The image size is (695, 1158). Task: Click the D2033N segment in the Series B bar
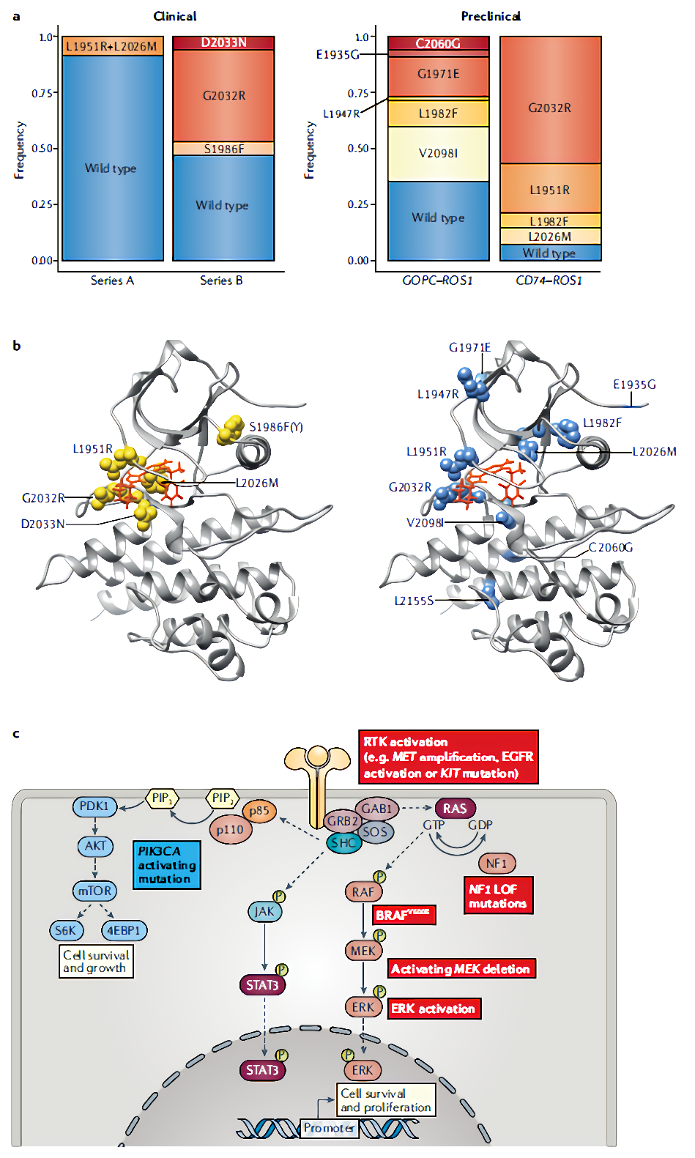click(x=223, y=42)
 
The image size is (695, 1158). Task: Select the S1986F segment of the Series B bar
click(x=223, y=149)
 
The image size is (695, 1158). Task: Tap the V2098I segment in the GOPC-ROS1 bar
click(x=438, y=154)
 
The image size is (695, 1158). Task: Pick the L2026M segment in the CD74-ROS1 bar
click(x=550, y=237)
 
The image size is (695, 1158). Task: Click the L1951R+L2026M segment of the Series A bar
click(x=112, y=47)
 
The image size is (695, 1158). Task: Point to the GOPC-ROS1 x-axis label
click(x=437, y=281)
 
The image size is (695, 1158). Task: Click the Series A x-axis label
click(x=112, y=281)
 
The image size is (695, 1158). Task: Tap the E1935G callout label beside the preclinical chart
click(x=338, y=55)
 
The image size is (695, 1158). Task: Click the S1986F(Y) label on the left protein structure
click(x=276, y=427)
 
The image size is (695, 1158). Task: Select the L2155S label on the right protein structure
click(x=414, y=601)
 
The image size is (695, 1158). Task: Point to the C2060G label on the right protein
click(x=611, y=547)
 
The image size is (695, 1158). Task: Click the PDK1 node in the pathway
click(x=94, y=806)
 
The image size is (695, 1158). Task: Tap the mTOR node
click(x=94, y=891)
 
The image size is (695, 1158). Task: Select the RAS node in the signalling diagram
click(x=455, y=809)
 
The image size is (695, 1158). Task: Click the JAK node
click(x=264, y=912)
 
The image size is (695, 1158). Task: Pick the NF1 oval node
click(x=497, y=864)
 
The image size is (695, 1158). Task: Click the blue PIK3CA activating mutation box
click(x=167, y=865)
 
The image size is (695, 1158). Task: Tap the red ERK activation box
click(x=434, y=1009)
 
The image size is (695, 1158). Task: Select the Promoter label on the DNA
click(x=329, y=1128)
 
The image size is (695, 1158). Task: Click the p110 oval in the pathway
click(x=230, y=830)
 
